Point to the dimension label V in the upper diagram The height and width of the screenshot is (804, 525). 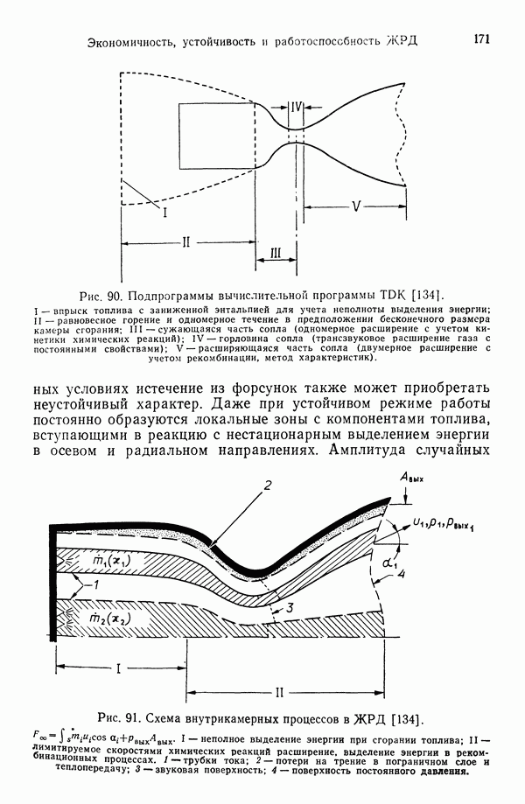coord(355,206)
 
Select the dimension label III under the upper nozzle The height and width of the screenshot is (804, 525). coord(276,253)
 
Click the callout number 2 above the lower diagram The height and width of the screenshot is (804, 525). coord(269,486)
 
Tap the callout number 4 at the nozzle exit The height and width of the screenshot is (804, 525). coord(400,575)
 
